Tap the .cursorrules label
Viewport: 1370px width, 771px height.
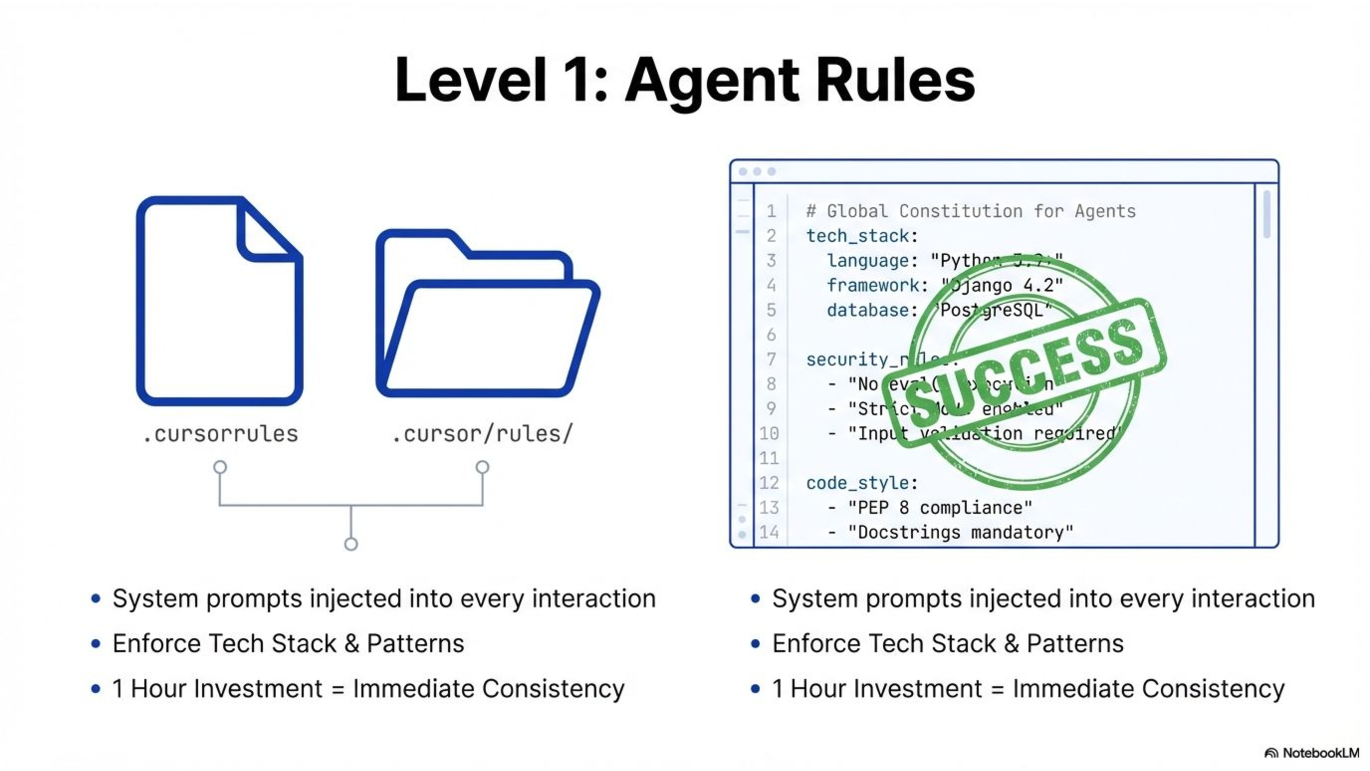(220, 434)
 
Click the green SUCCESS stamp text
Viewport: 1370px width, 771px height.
(1024, 372)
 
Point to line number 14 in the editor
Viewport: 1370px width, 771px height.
(769, 532)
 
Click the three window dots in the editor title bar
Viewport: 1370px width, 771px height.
(757, 171)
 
